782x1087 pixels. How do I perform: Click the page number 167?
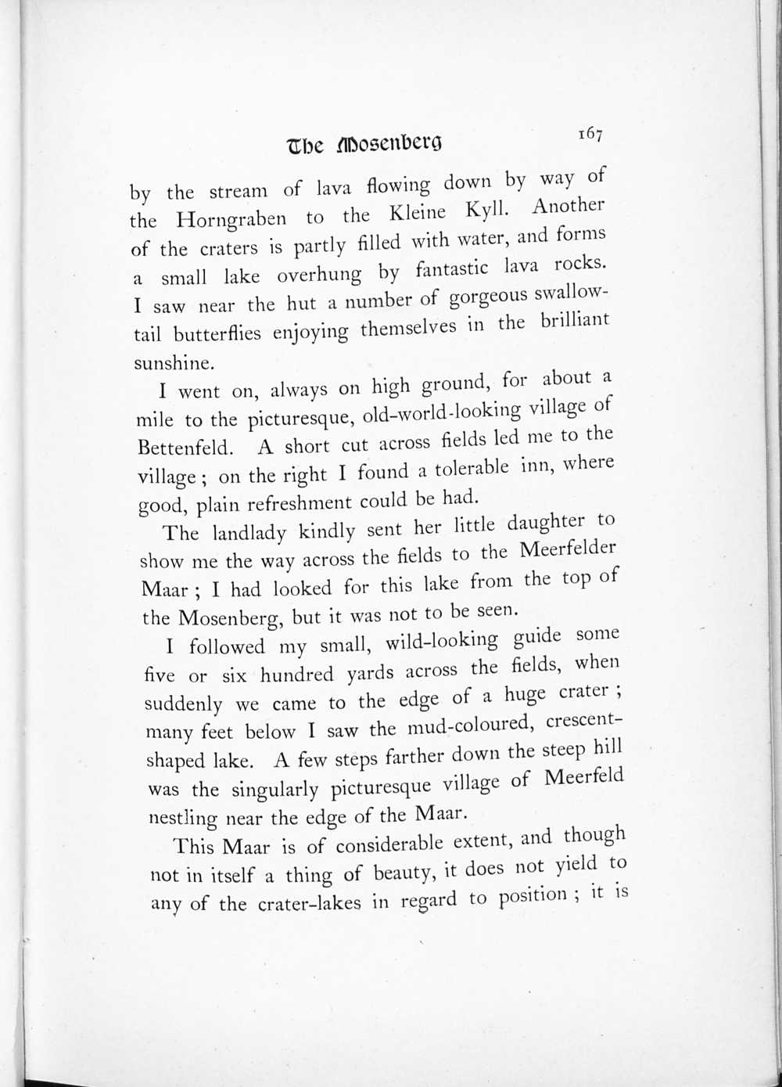click(590, 134)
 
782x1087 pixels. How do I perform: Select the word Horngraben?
click(231, 219)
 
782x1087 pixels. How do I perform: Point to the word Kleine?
click(418, 212)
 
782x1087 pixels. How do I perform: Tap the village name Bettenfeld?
click(185, 448)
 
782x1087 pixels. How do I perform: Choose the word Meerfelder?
click(568, 551)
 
